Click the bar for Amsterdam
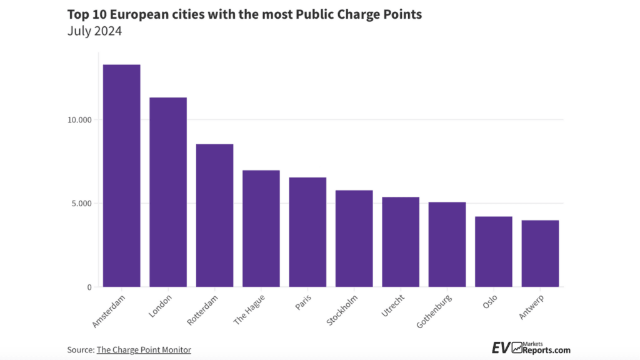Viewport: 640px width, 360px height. (x=121, y=176)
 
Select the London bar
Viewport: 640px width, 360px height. (x=168, y=192)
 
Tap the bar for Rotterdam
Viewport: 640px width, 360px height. (x=214, y=216)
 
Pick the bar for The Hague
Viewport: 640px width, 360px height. (x=261, y=229)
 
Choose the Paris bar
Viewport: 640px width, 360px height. (x=307, y=232)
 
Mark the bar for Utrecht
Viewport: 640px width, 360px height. (x=401, y=242)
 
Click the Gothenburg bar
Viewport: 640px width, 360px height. (x=447, y=244)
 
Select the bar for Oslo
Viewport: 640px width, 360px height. (x=493, y=252)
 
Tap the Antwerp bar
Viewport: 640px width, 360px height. (x=540, y=254)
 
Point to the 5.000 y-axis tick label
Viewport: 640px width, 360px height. (x=81, y=203)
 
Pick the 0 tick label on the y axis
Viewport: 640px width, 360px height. (x=89, y=287)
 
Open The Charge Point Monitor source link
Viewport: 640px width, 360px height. (x=143, y=350)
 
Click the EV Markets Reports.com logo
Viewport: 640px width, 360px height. (x=531, y=348)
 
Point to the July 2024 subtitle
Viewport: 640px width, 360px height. (x=94, y=31)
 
